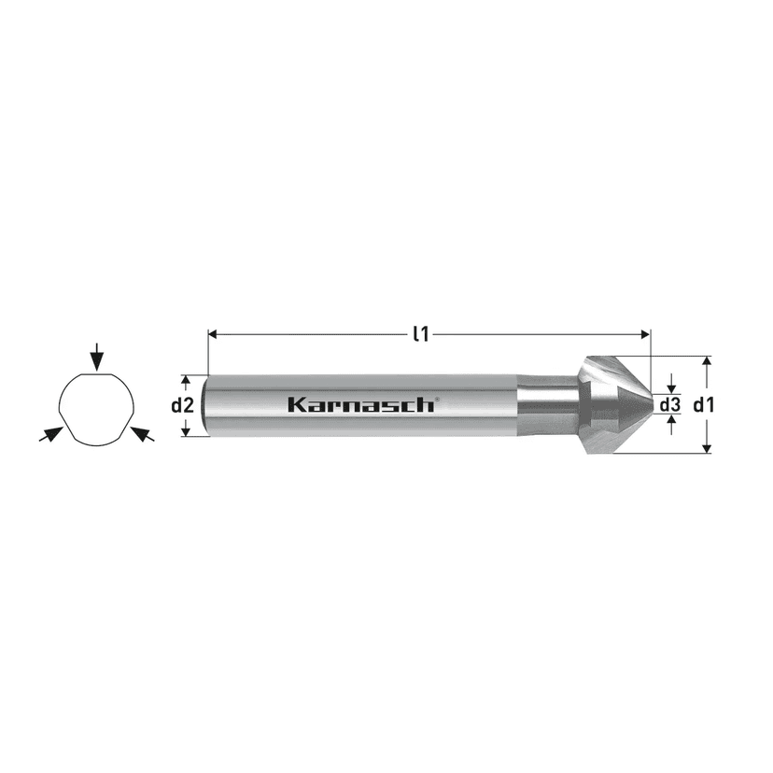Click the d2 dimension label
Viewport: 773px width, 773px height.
(x=182, y=406)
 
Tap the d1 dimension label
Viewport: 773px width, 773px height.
(x=704, y=405)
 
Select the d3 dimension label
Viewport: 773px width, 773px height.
(x=670, y=405)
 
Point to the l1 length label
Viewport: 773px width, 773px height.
(x=421, y=335)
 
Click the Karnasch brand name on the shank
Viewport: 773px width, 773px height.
(x=360, y=405)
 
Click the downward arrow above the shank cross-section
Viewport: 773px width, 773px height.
(x=98, y=357)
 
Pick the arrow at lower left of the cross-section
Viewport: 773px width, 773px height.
(x=51, y=434)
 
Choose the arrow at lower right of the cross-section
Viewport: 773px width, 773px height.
(x=144, y=434)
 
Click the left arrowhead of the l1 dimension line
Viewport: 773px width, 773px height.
(x=213, y=335)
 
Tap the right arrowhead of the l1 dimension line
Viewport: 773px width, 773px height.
(x=645, y=335)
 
